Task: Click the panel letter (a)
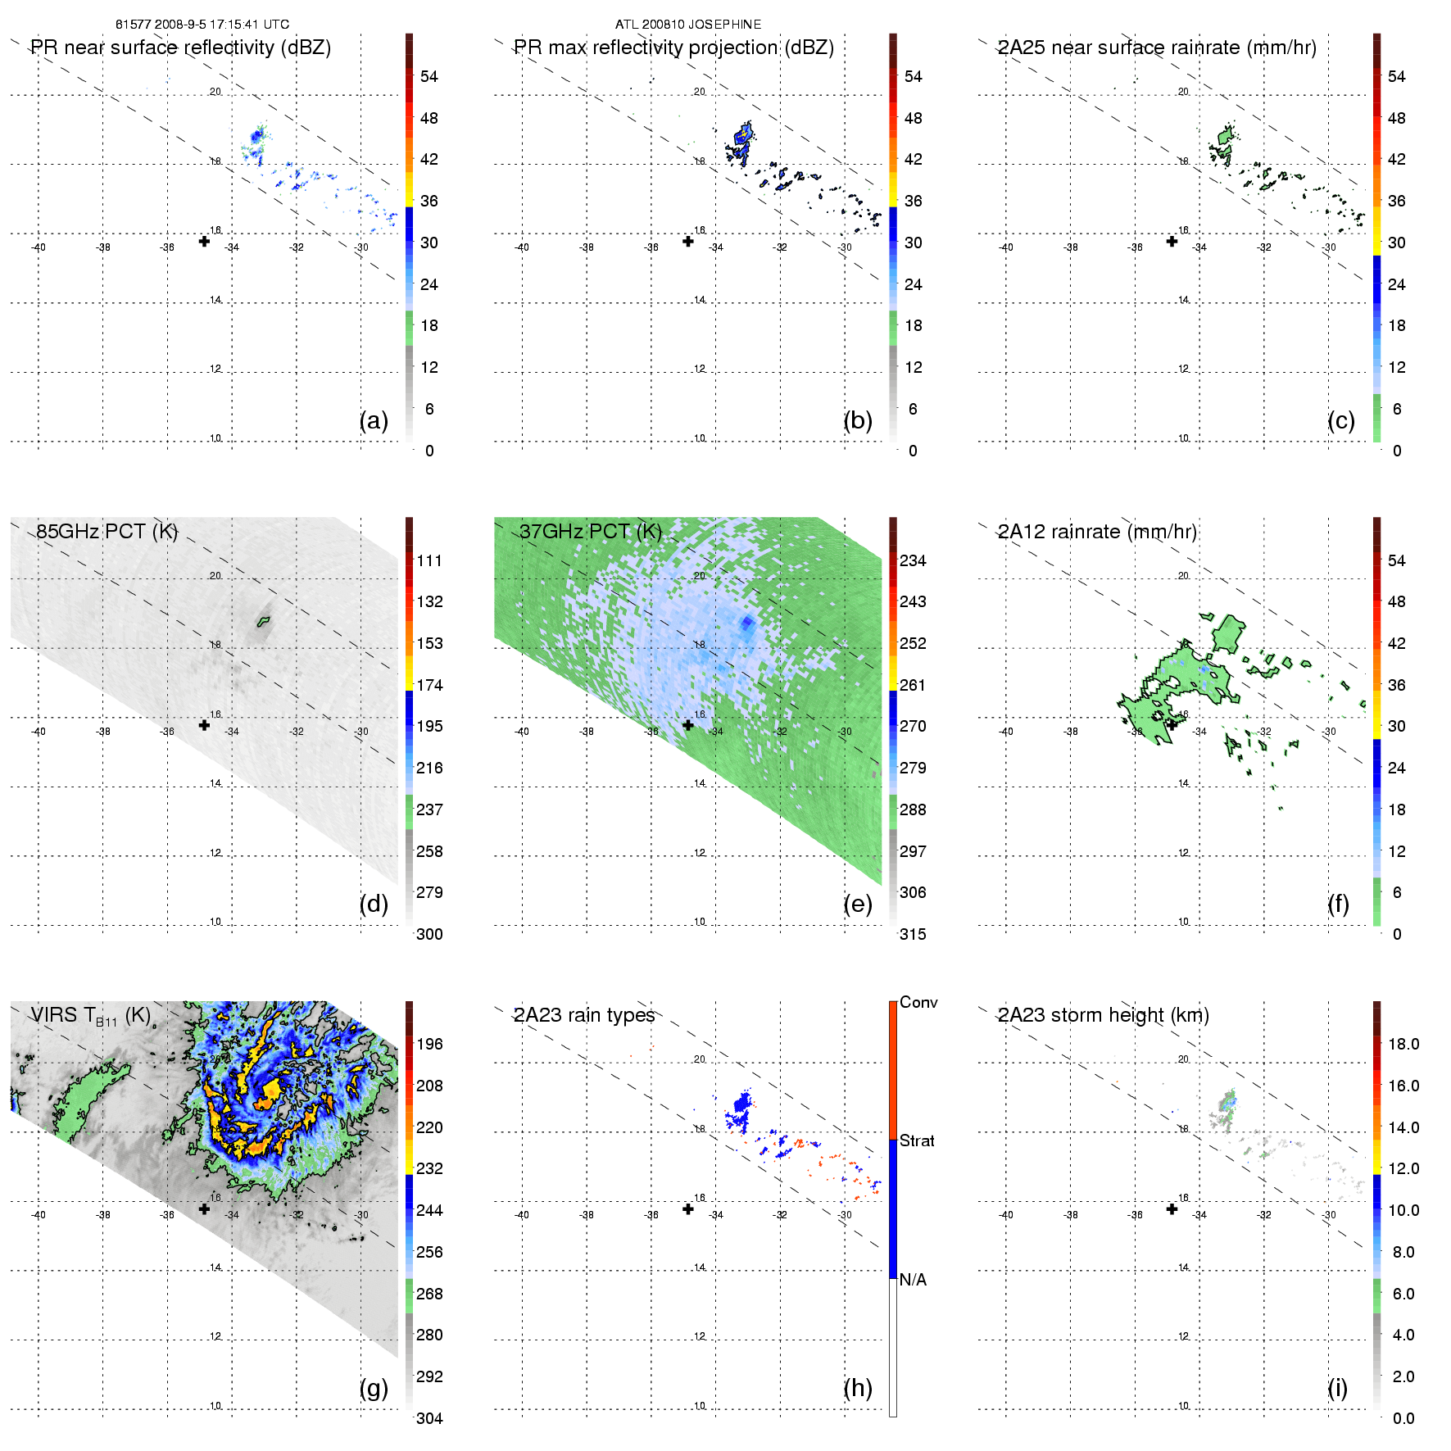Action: click(374, 420)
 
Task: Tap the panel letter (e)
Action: click(857, 904)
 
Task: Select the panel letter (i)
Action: click(1337, 1388)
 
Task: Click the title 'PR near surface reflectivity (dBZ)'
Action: click(180, 48)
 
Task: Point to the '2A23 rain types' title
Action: click(584, 1015)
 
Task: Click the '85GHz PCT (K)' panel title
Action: click(107, 531)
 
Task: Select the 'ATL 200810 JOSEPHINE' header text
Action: click(688, 25)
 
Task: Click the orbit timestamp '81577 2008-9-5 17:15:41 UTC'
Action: click(202, 25)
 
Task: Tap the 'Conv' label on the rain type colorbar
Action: click(918, 1002)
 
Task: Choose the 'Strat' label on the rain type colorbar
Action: click(917, 1140)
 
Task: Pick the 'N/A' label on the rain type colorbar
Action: click(913, 1280)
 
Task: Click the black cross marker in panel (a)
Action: click(204, 241)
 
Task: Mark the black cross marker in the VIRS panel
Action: click(204, 1208)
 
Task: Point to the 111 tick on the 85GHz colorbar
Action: click(429, 560)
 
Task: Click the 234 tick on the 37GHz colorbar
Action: click(913, 560)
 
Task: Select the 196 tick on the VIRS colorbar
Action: click(429, 1044)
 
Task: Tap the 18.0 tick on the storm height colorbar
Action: click(1403, 1044)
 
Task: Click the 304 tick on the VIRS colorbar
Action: click(429, 1418)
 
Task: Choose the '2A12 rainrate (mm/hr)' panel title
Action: click(1097, 532)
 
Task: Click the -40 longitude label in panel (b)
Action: click(522, 247)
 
